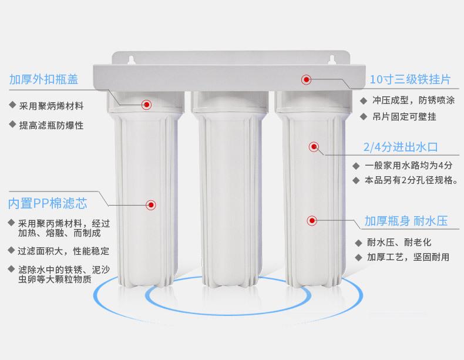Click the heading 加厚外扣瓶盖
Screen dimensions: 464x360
pyautogui.click(x=44, y=79)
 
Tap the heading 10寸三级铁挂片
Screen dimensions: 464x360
pyautogui.click(x=410, y=79)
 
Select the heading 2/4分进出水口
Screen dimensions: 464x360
pyautogui.click(x=401, y=147)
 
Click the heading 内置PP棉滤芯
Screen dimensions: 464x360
pyautogui.click(x=48, y=204)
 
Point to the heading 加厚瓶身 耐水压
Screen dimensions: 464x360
pyautogui.click(x=406, y=221)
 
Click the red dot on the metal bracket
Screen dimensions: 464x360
pyautogui.click(x=306, y=79)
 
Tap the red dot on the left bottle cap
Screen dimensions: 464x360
pyautogui.click(x=146, y=105)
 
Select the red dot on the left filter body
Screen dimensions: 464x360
pyautogui.click(x=151, y=205)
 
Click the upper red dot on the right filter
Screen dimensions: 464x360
pyautogui.click(x=314, y=147)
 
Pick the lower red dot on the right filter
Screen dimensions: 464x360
pyautogui.click(x=312, y=221)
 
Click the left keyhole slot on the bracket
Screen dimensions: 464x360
pyautogui.click(x=132, y=60)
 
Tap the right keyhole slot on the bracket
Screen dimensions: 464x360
pyautogui.click(x=332, y=60)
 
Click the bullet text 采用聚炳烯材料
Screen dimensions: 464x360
pyautogui.click(x=52, y=106)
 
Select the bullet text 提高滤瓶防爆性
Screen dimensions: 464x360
pyautogui.click(x=52, y=126)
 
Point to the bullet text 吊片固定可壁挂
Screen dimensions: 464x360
pyautogui.click(x=405, y=117)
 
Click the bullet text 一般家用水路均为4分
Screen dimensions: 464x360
pyautogui.click(x=409, y=166)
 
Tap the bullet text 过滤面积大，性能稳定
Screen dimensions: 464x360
pyautogui.click(x=63, y=251)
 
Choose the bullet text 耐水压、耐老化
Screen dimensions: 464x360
pyautogui.click(x=399, y=243)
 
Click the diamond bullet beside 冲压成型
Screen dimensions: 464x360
pyautogui.click(x=364, y=101)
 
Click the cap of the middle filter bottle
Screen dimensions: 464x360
pyautogui.click(x=230, y=102)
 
